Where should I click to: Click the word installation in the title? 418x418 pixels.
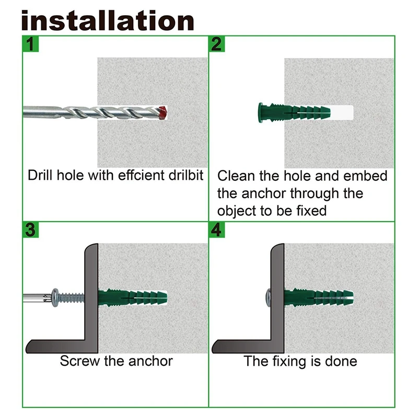(108, 20)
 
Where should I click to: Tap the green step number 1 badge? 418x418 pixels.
(31, 44)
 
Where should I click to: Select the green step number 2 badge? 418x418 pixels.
(217, 44)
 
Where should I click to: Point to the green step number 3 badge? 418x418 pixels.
(31, 230)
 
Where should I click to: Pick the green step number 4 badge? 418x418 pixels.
(217, 230)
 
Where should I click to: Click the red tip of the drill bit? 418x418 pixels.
(163, 113)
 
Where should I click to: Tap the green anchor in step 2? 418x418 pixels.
(294, 112)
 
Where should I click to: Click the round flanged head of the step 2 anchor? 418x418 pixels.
(261, 112)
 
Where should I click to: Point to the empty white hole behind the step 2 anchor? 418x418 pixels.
(342, 112)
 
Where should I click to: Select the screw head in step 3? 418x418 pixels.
(55, 298)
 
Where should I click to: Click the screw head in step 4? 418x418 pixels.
(268, 298)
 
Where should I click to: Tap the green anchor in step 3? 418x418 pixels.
(133, 298)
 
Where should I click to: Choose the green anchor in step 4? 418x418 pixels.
(319, 298)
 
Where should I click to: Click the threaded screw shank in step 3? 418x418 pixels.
(71, 298)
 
